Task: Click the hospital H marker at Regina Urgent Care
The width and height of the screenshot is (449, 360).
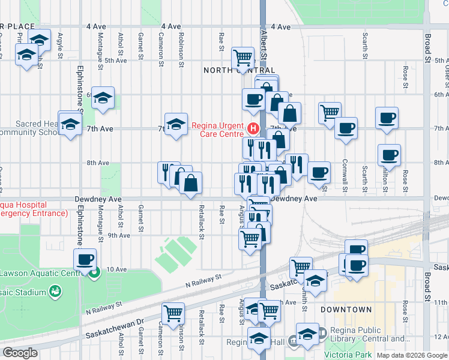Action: click(x=253, y=128)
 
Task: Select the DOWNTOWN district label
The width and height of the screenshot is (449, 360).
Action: click(x=346, y=310)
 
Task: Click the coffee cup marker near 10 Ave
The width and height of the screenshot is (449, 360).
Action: click(x=85, y=259)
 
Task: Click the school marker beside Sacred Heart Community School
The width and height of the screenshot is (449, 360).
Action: click(x=70, y=123)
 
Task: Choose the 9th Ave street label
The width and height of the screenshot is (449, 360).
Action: click(x=119, y=235)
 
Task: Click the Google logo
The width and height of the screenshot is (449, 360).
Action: click(x=20, y=353)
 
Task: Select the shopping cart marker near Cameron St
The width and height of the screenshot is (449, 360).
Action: click(x=173, y=312)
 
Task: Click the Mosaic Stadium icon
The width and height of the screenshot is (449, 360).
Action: click(x=56, y=291)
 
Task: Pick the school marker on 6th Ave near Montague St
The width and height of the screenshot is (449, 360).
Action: click(x=103, y=97)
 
